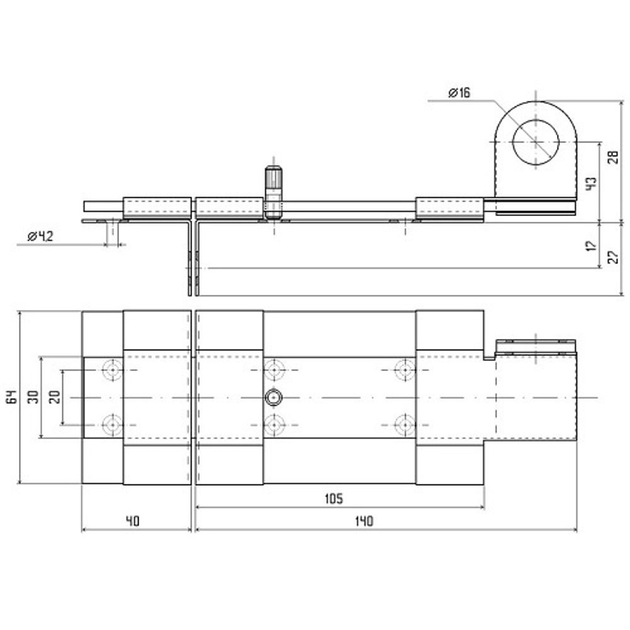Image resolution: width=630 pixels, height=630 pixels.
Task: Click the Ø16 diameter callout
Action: click(x=459, y=93)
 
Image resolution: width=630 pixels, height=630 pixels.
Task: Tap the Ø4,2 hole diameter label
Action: click(x=40, y=237)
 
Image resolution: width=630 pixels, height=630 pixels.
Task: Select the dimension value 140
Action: click(x=364, y=521)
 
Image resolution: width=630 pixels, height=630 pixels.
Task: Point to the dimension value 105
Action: click(x=334, y=498)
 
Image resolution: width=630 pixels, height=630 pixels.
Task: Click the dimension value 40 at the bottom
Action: click(x=132, y=521)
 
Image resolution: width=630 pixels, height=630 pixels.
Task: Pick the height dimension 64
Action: click(x=13, y=397)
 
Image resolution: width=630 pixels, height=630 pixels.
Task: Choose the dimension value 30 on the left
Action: click(x=34, y=397)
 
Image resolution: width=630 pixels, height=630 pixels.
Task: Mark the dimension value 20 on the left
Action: click(x=55, y=397)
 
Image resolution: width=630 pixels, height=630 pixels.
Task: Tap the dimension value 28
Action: click(x=613, y=157)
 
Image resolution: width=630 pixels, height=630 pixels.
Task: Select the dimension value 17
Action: click(x=592, y=246)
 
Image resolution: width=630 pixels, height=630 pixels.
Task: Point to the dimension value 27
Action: click(x=613, y=257)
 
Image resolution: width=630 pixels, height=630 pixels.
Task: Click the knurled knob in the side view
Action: click(x=273, y=192)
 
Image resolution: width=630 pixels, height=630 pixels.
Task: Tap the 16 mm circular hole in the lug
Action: click(x=535, y=142)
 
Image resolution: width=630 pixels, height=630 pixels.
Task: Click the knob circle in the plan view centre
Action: click(x=273, y=398)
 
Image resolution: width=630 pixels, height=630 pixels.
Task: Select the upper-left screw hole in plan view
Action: click(x=113, y=370)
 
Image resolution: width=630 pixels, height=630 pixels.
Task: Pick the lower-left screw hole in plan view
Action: click(x=113, y=425)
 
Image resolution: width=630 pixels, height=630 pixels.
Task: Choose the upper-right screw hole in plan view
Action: click(x=404, y=370)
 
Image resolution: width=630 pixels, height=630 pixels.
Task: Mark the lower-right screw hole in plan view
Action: click(x=404, y=425)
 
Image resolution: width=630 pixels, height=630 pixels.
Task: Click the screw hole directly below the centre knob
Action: click(x=275, y=425)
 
